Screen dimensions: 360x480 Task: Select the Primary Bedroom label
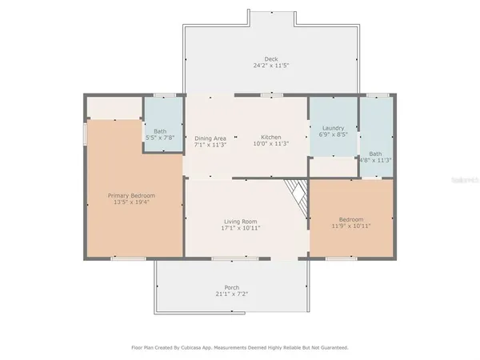(x=132, y=196)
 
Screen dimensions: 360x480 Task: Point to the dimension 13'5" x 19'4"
(x=132, y=202)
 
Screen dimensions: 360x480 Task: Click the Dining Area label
(x=210, y=138)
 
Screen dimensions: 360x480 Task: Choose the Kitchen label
(x=270, y=138)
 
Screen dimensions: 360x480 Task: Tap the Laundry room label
(x=333, y=129)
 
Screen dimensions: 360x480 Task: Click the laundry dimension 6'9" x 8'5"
(x=333, y=135)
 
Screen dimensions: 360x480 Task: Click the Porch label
(x=232, y=288)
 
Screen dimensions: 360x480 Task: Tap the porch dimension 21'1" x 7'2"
(x=232, y=294)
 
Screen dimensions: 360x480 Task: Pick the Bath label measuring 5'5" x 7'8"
(x=160, y=131)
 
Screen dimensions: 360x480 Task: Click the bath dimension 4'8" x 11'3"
(x=375, y=160)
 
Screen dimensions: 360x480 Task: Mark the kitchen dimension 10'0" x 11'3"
(x=270, y=145)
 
